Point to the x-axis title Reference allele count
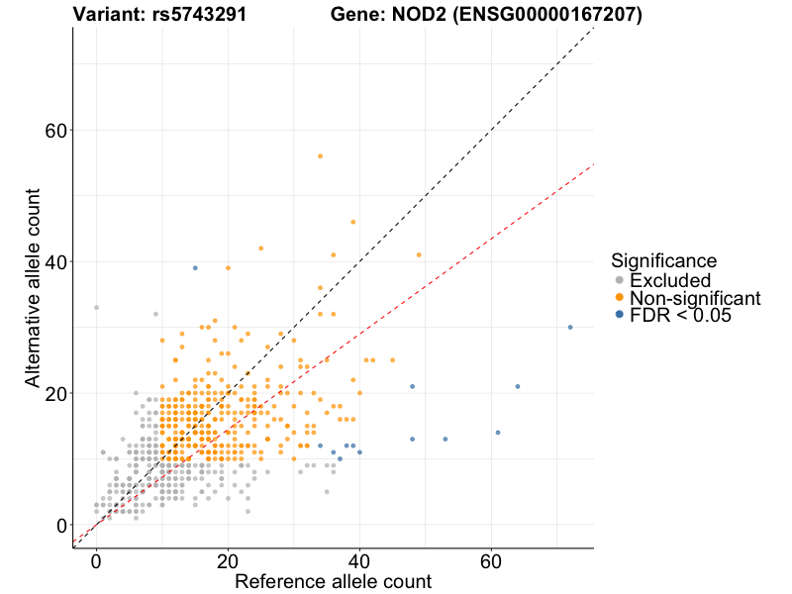pos(333,581)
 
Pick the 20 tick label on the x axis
pos(228,561)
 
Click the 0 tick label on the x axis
pos(96,561)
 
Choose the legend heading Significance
pos(663,260)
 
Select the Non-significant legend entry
pos(694,298)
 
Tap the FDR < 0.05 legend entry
pos(683,315)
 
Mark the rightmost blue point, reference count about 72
pos(570,327)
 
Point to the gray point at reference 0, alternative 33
pos(96,307)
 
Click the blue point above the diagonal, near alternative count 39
pos(195,267)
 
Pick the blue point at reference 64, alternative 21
pos(518,386)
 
